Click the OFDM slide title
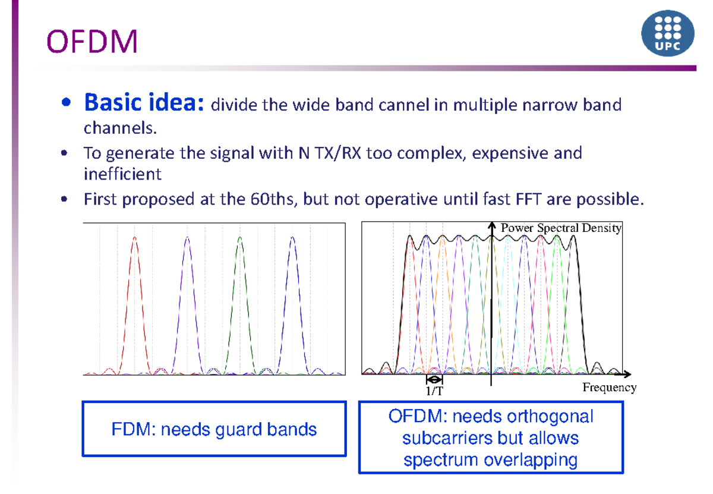coord(92,42)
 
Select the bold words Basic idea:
coord(144,103)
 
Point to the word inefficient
coord(122,174)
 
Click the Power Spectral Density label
coord(561,228)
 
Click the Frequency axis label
coord(609,388)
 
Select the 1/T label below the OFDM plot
coord(434,391)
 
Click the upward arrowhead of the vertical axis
coord(491,226)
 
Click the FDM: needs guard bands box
coord(214,429)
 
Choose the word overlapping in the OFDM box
coord(530,460)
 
